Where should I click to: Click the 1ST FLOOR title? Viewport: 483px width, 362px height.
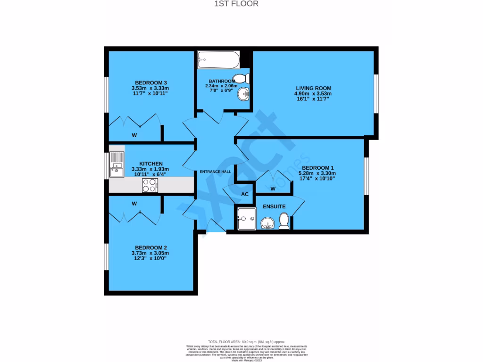pyautogui.click(x=241, y=4)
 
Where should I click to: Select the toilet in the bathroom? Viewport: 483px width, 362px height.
pyautogui.click(x=242, y=78)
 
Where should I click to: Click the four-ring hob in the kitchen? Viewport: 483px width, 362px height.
pyautogui.click(x=150, y=185)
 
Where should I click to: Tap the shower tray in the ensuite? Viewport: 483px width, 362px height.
pyautogui.click(x=246, y=219)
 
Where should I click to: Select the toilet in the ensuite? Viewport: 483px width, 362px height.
pyautogui.click(x=284, y=221)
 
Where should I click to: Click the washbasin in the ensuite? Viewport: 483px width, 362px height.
pyautogui.click(x=267, y=222)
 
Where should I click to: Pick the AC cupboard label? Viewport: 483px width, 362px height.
pyautogui.click(x=245, y=194)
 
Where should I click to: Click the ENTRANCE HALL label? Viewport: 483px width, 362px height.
pyautogui.click(x=215, y=172)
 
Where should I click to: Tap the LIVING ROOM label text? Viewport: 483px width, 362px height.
pyautogui.click(x=313, y=88)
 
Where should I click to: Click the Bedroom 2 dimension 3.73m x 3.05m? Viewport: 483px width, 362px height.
pyautogui.click(x=150, y=253)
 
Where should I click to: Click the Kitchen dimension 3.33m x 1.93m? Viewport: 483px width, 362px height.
pyautogui.click(x=151, y=169)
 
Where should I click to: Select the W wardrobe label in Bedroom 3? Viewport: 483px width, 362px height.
pyautogui.click(x=134, y=135)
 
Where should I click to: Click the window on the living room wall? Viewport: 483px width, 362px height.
pyautogui.click(x=376, y=94)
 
